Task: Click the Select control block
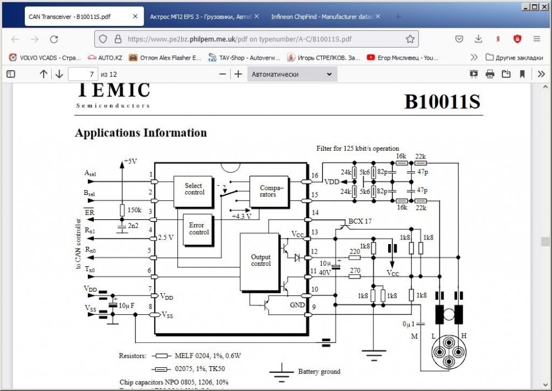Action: click(x=194, y=189)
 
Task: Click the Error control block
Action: click(x=199, y=229)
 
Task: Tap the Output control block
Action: click(x=261, y=260)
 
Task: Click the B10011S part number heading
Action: click(x=442, y=102)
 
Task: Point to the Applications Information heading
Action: click(x=141, y=133)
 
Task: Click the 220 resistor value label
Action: click(x=355, y=251)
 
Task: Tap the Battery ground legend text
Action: click(x=319, y=372)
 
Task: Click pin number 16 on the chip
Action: click(x=315, y=175)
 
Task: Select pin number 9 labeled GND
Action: click(x=315, y=308)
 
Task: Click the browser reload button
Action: click(x=54, y=39)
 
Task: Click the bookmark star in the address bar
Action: click(x=410, y=39)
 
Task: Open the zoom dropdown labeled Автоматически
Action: click(x=291, y=74)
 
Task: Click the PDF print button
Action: click(x=490, y=74)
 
